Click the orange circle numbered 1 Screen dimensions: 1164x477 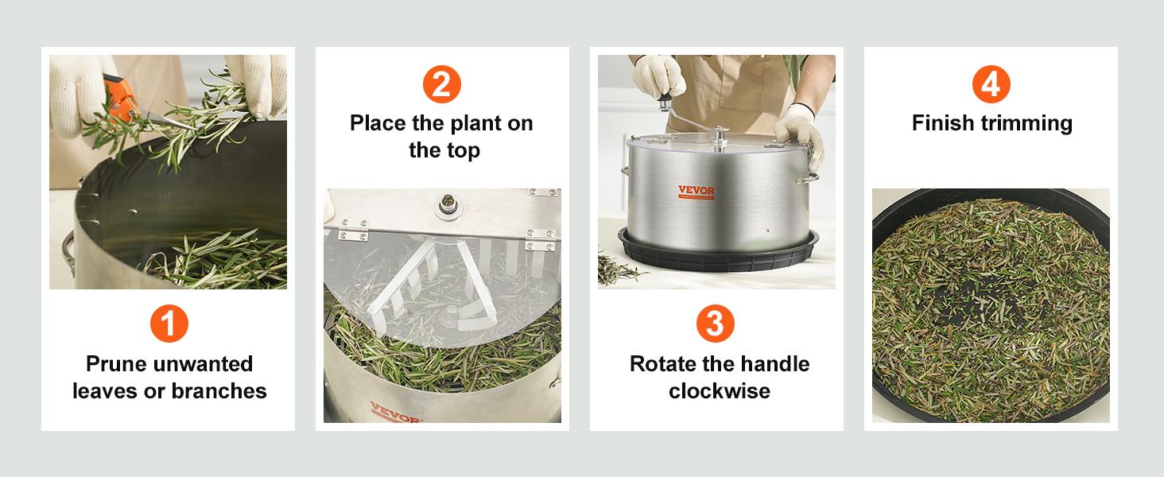[x=169, y=324]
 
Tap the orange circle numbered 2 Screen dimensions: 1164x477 [x=442, y=84]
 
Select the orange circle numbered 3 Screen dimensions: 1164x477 [x=716, y=324]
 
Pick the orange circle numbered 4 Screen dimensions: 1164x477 [x=991, y=84]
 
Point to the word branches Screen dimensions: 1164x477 [x=219, y=391]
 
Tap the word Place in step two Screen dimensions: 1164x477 [x=378, y=123]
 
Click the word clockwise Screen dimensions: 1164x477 [x=720, y=391]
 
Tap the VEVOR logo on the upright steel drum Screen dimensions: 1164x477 [x=696, y=192]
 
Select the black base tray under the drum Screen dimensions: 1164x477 [x=718, y=252]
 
